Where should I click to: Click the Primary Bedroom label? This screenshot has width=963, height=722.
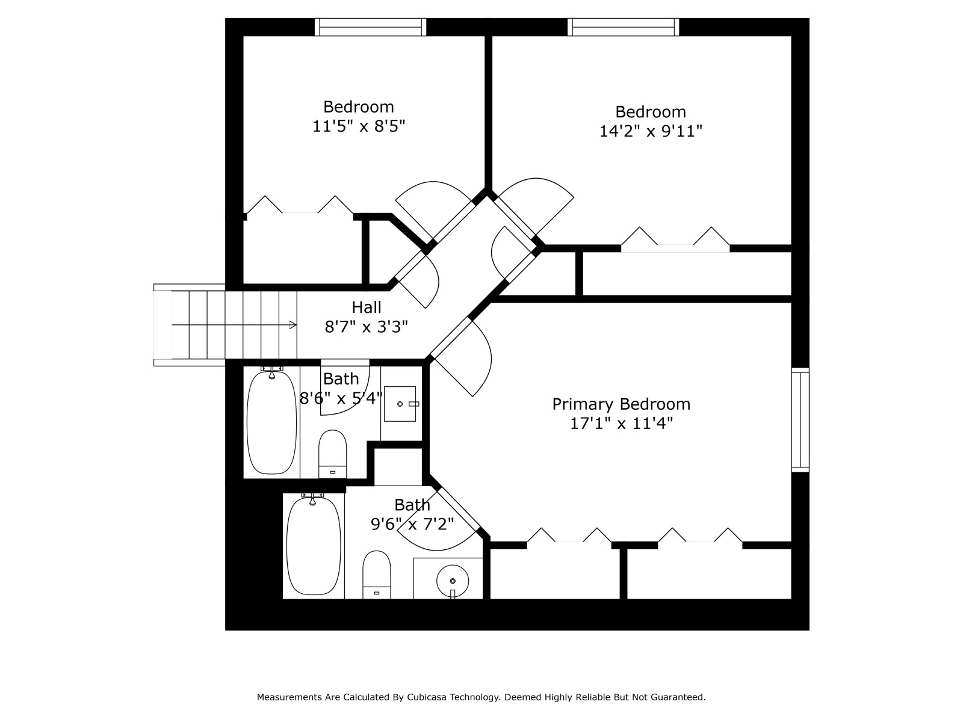point(621,404)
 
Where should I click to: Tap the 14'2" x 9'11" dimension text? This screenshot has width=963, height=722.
point(651,131)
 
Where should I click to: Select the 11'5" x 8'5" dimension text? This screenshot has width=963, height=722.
point(359,126)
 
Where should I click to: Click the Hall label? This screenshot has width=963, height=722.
point(367,307)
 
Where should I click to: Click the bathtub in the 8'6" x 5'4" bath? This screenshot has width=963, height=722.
point(271,422)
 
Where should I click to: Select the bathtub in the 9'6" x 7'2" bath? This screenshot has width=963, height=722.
point(313,546)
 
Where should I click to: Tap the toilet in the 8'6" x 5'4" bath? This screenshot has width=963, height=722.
point(332,454)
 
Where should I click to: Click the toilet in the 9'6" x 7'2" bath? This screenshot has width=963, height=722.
point(376,575)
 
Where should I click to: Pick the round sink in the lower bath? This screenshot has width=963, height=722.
point(453,581)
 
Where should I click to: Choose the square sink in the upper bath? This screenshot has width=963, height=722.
point(400,404)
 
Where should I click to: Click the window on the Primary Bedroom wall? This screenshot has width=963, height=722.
point(800,420)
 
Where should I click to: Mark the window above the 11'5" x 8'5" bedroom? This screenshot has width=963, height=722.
point(370,26)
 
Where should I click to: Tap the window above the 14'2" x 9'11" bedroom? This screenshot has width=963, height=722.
point(623,26)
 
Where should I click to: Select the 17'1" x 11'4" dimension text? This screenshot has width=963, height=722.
point(621,424)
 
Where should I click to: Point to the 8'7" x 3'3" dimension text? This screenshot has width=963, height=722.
point(367,327)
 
